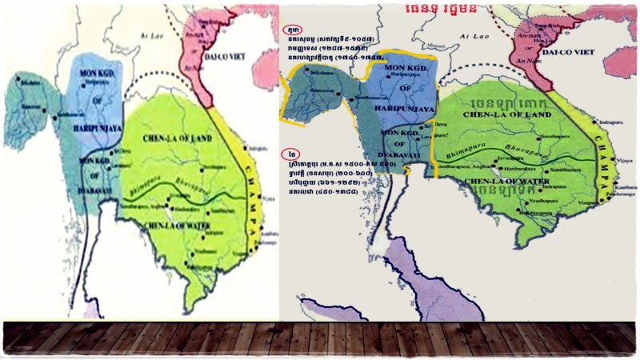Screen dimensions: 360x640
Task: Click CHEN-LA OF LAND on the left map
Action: (x=178, y=140)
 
